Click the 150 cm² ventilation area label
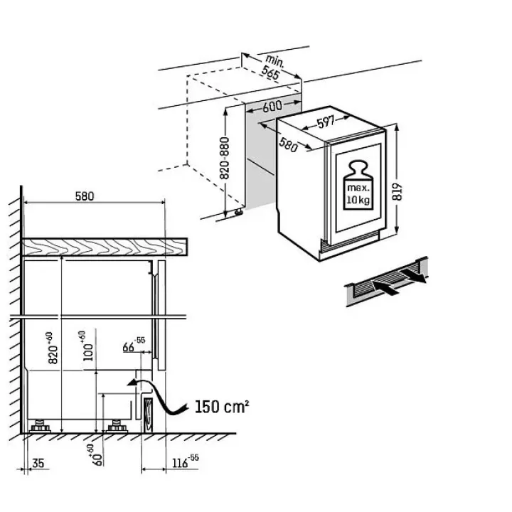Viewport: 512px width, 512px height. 222,407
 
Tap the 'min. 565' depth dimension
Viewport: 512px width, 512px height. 272,67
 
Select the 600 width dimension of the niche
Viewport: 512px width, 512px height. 272,106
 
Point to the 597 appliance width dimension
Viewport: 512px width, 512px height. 326,122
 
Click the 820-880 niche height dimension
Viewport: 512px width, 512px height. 224,158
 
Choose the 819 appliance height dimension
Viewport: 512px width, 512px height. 398,192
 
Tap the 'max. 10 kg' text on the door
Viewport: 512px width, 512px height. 358,193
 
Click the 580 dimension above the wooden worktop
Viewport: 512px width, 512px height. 85,196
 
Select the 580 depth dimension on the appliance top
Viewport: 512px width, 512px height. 288,145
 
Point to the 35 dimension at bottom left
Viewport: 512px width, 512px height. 38,463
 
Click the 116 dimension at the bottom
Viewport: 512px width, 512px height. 185,462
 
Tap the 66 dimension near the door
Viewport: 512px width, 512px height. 134,345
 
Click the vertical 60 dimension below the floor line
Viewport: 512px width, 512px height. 94,455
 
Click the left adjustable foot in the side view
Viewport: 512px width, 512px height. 40,426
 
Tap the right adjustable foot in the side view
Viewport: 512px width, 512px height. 116,426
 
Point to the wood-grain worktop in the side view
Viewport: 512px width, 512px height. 105,247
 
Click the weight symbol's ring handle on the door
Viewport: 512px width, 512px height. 358,166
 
